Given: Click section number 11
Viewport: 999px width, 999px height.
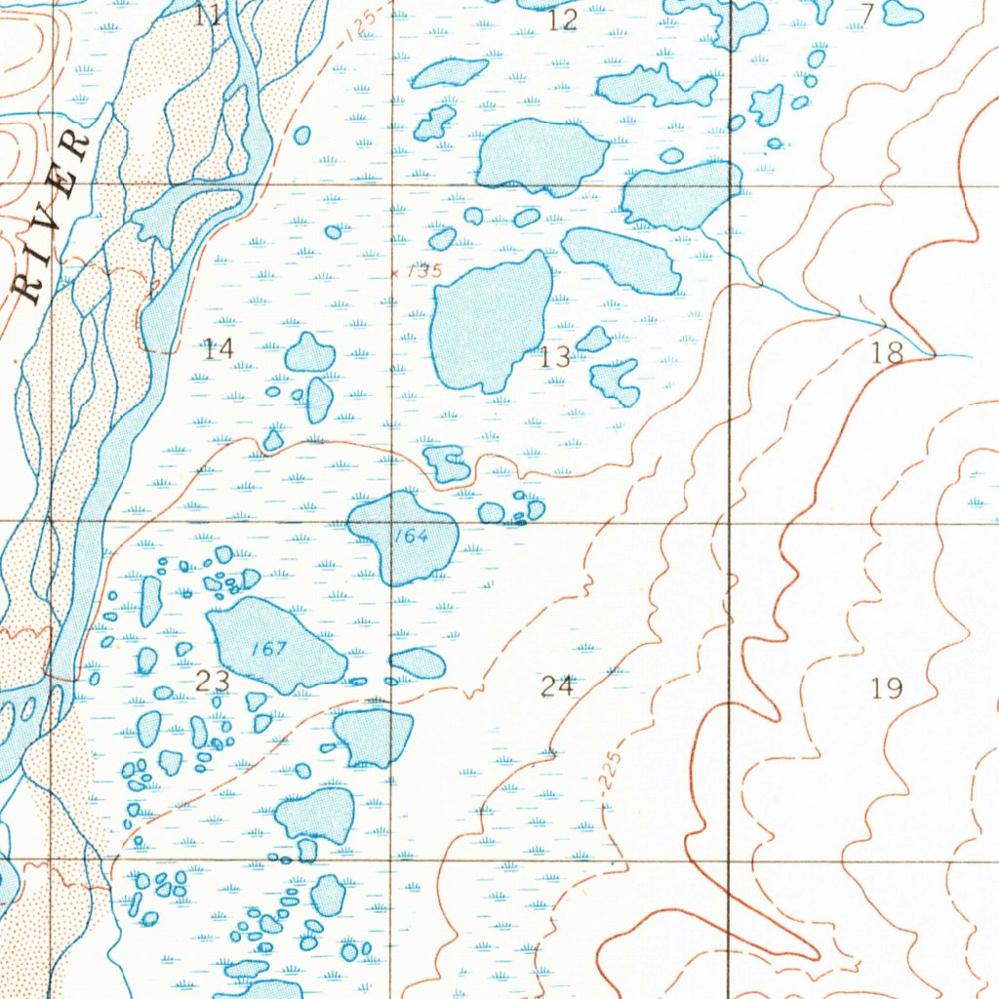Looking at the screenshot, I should [x=208, y=15].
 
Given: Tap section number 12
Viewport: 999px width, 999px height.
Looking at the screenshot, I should [x=563, y=20].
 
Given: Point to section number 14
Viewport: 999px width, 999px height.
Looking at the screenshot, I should [x=219, y=347].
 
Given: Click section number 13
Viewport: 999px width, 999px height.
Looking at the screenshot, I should [x=554, y=357].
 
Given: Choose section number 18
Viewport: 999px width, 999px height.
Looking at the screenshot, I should [x=887, y=353].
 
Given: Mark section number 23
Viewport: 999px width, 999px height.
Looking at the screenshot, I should [x=213, y=681].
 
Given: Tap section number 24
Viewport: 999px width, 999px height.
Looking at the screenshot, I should [x=557, y=687].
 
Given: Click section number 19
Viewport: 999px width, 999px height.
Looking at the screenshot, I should [x=887, y=689].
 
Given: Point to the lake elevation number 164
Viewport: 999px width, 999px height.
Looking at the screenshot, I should [x=412, y=536].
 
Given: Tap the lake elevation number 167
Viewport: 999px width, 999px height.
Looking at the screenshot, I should [x=267, y=650].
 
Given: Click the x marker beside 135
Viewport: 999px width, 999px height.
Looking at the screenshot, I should [x=395, y=274].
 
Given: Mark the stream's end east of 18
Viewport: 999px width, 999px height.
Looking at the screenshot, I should [x=971, y=356].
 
